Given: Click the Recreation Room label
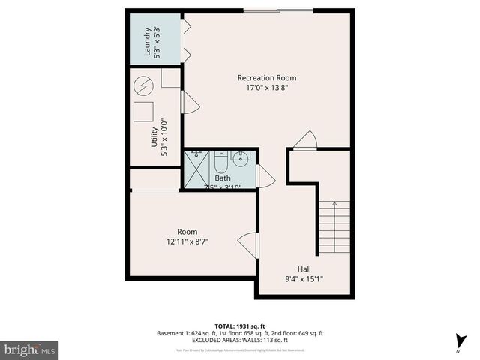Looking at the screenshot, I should [266, 77].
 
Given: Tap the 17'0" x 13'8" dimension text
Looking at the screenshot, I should [266, 88].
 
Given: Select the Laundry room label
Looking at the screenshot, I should [148, 42].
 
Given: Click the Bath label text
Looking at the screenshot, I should [223, 178].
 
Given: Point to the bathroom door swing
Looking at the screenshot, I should [266, 176].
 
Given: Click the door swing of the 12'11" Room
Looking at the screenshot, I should [247, 245].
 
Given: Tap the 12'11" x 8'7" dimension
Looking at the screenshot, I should [187, 241].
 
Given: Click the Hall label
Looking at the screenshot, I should [304, 268].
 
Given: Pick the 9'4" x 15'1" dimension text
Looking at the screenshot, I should [304, 279].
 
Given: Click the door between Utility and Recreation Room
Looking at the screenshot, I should [190, 103].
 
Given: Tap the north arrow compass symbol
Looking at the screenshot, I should [457, 340].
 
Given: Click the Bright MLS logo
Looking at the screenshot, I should [30, 349].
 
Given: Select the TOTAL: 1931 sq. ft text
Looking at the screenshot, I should [240, 325].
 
